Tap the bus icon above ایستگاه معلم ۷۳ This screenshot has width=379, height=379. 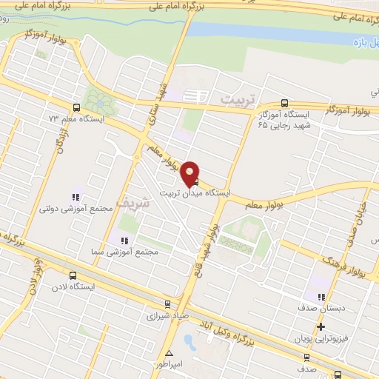tap(78, 108)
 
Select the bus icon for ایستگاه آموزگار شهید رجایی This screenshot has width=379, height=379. tap(285, 104)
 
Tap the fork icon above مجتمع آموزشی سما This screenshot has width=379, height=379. tap(124, 241)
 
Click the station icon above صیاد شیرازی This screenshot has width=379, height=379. tap(167, 303)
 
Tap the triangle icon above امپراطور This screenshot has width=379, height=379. tap(170, 353)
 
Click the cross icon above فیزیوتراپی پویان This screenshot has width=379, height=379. tap(320, 326)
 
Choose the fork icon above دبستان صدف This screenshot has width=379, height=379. tap(320, 298)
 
